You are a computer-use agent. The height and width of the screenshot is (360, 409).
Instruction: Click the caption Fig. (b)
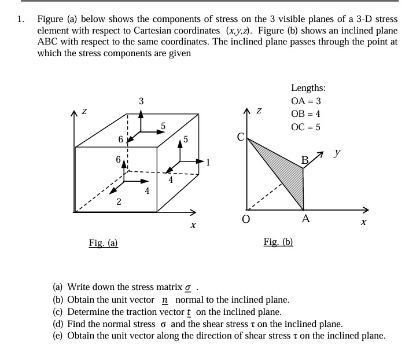coord(278,242)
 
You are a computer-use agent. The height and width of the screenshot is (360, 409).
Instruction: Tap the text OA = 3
coord(306,101)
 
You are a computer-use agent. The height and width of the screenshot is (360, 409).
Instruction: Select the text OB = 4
coord(306,114)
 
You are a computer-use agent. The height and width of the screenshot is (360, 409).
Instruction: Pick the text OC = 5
coord(306,127)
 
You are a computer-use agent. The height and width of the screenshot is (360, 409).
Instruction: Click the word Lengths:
coord(308,88)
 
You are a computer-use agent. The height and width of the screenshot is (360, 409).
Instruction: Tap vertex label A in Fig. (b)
coord(305,219)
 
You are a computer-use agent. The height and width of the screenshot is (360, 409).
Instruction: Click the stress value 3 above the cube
coord(142,102)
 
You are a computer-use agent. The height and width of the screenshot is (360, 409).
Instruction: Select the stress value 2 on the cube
coord(119,201)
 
